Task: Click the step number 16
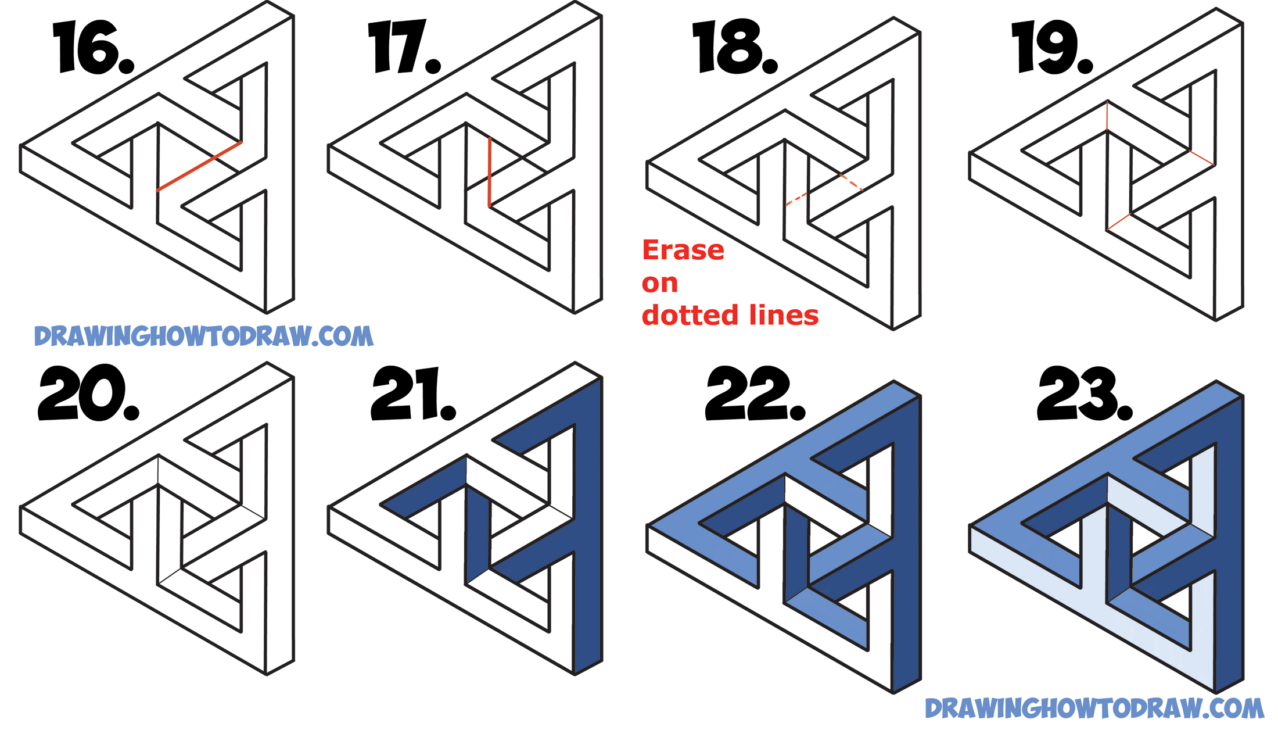click(x=93, y=48)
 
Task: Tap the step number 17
click(x=404, y=48)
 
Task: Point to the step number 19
click(x=1051, y=48)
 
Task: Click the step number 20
click(x=88, y=394)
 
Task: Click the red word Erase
click(x=683, y=251)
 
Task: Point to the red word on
click(x=659, y=284)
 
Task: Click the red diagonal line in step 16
click(x=199, y=166)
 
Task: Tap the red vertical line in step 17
click(x=490, y=172)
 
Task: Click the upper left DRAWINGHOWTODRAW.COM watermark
click(x=203, y=337)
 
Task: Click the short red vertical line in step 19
click(x=1107, y=116)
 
